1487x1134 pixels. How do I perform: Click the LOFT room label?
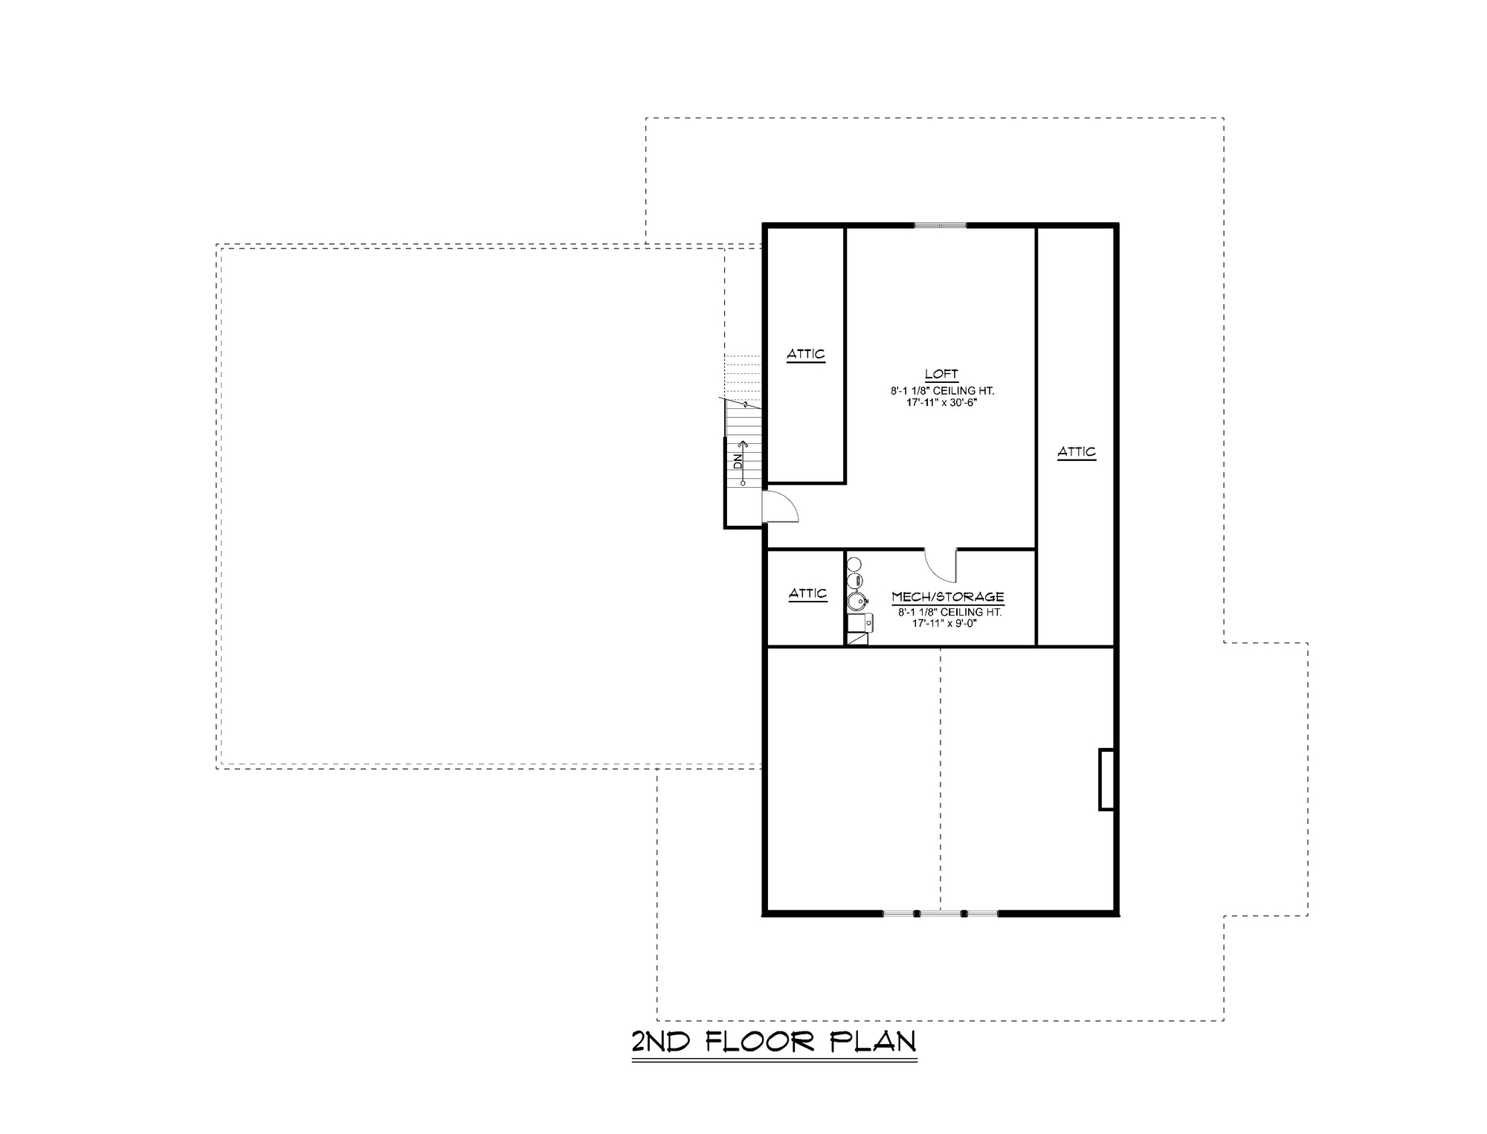(x=941, y=375)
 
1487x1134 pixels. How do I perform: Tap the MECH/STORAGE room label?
(x=948, y=597)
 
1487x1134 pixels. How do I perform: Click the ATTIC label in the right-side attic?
(x=1077, y=452)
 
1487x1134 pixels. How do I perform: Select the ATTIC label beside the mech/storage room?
(x=807, y=594)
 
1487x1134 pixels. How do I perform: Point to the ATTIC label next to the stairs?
(x=806, y=355)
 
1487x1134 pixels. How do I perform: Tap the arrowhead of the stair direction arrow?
(x=743, y=444)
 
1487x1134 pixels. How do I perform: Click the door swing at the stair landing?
(x=781, y=508)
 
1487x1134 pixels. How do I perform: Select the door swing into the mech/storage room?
(x=940, y=565)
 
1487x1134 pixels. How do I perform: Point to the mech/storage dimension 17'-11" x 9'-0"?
(x=944, y=623)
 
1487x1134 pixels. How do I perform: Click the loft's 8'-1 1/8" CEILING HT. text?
(x=942, y=390)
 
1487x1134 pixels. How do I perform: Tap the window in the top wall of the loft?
(x=941, y=225)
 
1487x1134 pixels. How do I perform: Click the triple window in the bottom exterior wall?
(x=940, y=912)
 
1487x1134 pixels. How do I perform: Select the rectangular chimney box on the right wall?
(x=1106, y=779)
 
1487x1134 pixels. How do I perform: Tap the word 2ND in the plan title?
(x=660, y=1042)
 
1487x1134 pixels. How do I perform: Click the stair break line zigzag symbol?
(x=744, y=405)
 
